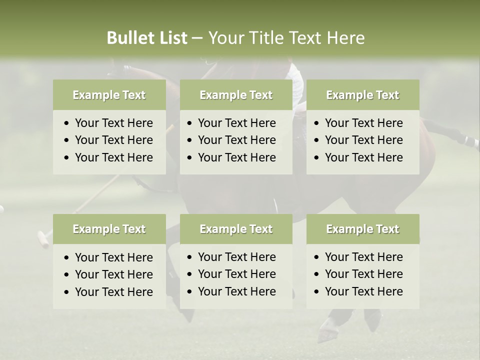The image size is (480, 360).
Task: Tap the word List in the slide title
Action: tap(171, 38)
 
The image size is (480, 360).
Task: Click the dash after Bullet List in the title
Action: tap(197, 38)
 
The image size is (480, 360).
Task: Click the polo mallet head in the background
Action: tap(43, 238)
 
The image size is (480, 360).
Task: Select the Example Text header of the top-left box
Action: tap(109, 95)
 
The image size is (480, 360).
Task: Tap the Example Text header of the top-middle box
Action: tap(236, 95)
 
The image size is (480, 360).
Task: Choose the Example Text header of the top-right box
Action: tap(362, 95)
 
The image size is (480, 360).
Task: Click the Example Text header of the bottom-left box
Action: tap(109, 229)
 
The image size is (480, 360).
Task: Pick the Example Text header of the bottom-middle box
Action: tap(236, 229)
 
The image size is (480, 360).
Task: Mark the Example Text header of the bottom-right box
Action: tap(362, 229)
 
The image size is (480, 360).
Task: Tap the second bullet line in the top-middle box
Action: tap(236, 140)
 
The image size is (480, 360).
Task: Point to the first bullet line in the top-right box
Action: tap(363, 123)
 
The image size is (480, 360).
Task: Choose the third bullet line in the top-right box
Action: tap(363, 157)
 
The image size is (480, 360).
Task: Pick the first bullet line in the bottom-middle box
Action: tap(236, 257)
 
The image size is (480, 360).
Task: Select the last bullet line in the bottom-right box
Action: tap(363, 291)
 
